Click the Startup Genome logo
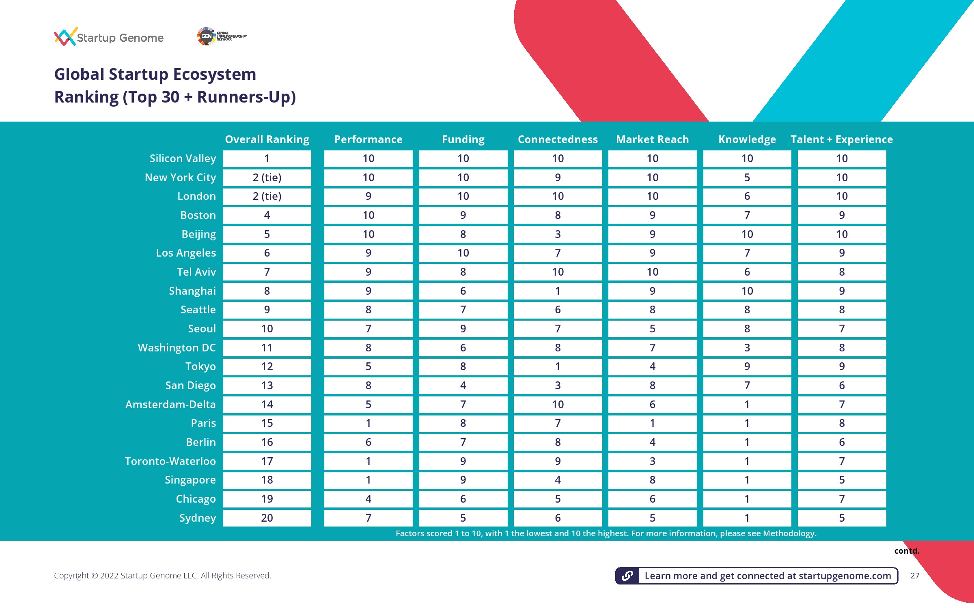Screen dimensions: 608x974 108,37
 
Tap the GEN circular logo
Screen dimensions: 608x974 206,36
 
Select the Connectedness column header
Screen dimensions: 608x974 558,139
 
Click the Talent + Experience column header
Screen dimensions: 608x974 842,139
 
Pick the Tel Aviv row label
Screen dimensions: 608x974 196,272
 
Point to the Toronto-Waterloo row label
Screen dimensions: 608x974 170,461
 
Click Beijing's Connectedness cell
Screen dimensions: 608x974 558,234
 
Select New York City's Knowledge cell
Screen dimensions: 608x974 747,178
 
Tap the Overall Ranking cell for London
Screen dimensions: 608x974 267,196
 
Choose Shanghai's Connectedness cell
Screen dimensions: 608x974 558,291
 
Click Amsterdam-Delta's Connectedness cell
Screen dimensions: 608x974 558,405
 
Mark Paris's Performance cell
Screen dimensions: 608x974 368,423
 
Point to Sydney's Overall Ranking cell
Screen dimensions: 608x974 267,518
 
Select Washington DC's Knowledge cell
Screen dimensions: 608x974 747,348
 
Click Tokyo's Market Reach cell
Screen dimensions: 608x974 652,366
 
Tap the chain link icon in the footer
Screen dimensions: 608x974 627,576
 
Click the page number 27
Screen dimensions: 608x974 915,576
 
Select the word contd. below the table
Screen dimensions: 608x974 907,551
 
